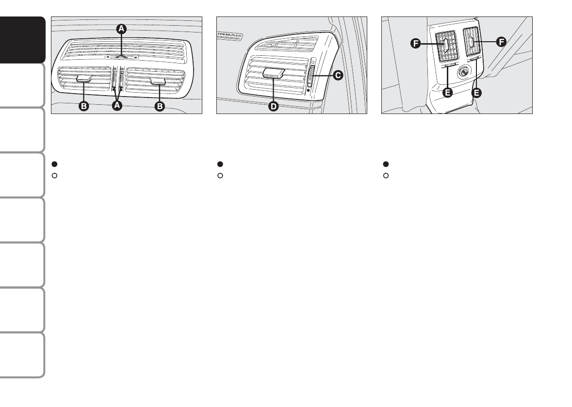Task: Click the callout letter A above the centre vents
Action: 122,29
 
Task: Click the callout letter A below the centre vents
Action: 116,106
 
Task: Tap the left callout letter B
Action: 84,106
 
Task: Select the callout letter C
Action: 338,75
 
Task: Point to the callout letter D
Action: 274,106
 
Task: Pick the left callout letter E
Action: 447,93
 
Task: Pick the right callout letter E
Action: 477,93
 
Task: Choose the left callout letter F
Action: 415,44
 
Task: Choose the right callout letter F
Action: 500,42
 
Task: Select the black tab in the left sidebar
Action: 23,41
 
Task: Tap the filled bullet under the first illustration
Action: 55,164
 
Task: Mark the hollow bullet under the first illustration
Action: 55,175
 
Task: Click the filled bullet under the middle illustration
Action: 220,164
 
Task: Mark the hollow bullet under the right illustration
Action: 386,175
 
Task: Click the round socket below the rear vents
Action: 462,73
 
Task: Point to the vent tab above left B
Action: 85,78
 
